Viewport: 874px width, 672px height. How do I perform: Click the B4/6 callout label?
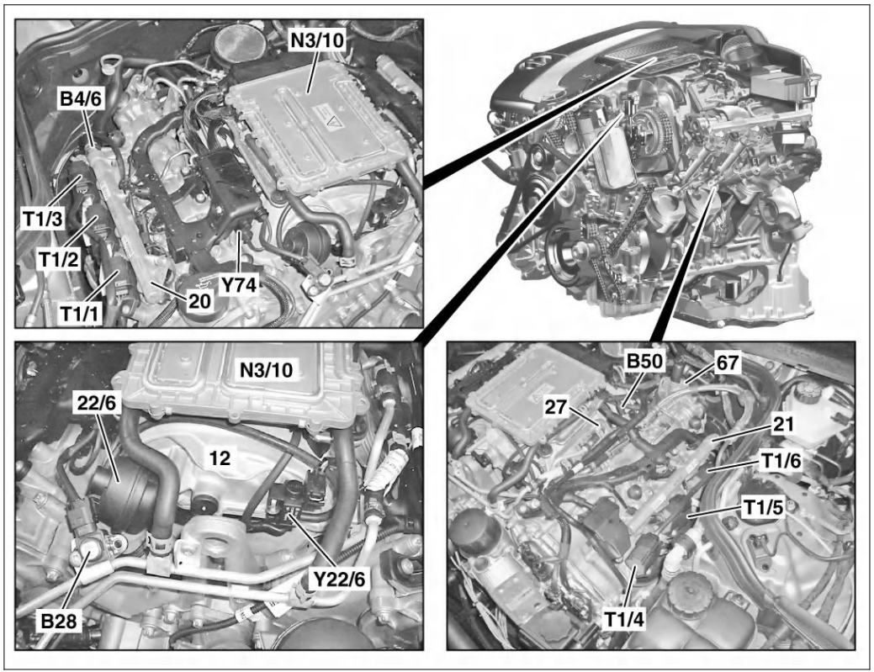click(x=81, y=100)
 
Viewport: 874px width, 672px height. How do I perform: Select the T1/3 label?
click(x=43, y=219)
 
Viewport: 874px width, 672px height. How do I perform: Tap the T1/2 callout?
click(x=59, y=259)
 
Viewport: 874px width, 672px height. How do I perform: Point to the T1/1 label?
click(x=79, y=314)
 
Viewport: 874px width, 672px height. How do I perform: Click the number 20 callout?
click(x=199, y=301)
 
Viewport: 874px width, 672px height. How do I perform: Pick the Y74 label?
click(x=239, y=285)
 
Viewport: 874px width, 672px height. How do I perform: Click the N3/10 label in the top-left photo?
click(x=316, y=40)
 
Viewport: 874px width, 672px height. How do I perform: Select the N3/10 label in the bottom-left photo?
click(x=266, y=370)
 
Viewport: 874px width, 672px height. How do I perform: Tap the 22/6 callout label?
click(x=97, y=403)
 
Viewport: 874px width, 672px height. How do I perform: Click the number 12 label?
click(x=220, y=458)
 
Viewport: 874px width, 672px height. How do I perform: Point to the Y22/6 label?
click(x=339, y=579)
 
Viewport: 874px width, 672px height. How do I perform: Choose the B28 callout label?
click(x=59, y=620)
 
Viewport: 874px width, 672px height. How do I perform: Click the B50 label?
click(x=645, y=362)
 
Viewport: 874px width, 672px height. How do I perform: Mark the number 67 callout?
click(x=728, y=363)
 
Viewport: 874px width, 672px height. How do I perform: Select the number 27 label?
click(x=556, y=407)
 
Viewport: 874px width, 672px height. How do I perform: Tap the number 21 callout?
click(x=783, y=425)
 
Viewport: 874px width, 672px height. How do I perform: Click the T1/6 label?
click(x=781, y=461)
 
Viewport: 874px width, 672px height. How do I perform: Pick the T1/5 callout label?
click(x=763, y=508)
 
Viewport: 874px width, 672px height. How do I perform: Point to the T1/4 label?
click(x=624, y=619)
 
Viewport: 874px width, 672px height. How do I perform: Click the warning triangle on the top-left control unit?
click(x=334, y=121)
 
